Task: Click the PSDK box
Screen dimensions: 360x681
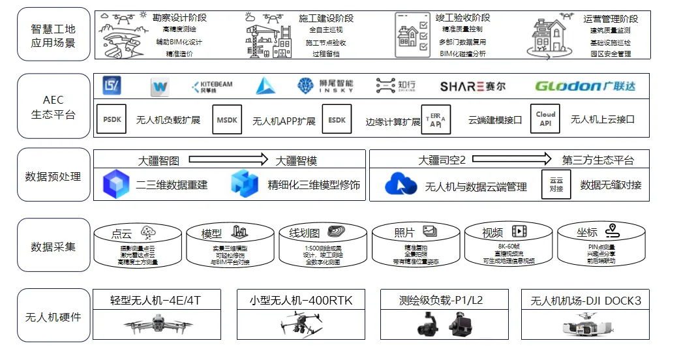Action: coord(112,119)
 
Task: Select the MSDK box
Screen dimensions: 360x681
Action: coord(227,119)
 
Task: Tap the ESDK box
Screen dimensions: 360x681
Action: coord(337,119)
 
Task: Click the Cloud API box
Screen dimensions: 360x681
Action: coord(545,119)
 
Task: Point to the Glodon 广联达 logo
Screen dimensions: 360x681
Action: coord(584,86)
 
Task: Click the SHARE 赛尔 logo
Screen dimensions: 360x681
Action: coord(472,86)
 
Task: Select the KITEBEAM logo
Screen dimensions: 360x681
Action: coord(212,86)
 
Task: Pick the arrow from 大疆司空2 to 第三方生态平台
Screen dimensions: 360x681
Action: coord(511,159)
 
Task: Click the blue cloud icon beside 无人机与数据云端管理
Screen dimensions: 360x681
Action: coord(401,185)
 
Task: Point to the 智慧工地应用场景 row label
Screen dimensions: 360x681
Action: coord(53,36)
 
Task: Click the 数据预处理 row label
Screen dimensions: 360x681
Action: coord(53,177)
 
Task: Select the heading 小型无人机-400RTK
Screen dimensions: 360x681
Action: coord(301,301)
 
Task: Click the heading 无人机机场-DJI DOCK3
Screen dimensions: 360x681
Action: coord(585,301)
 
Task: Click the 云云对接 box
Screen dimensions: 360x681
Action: coord(556,185)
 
